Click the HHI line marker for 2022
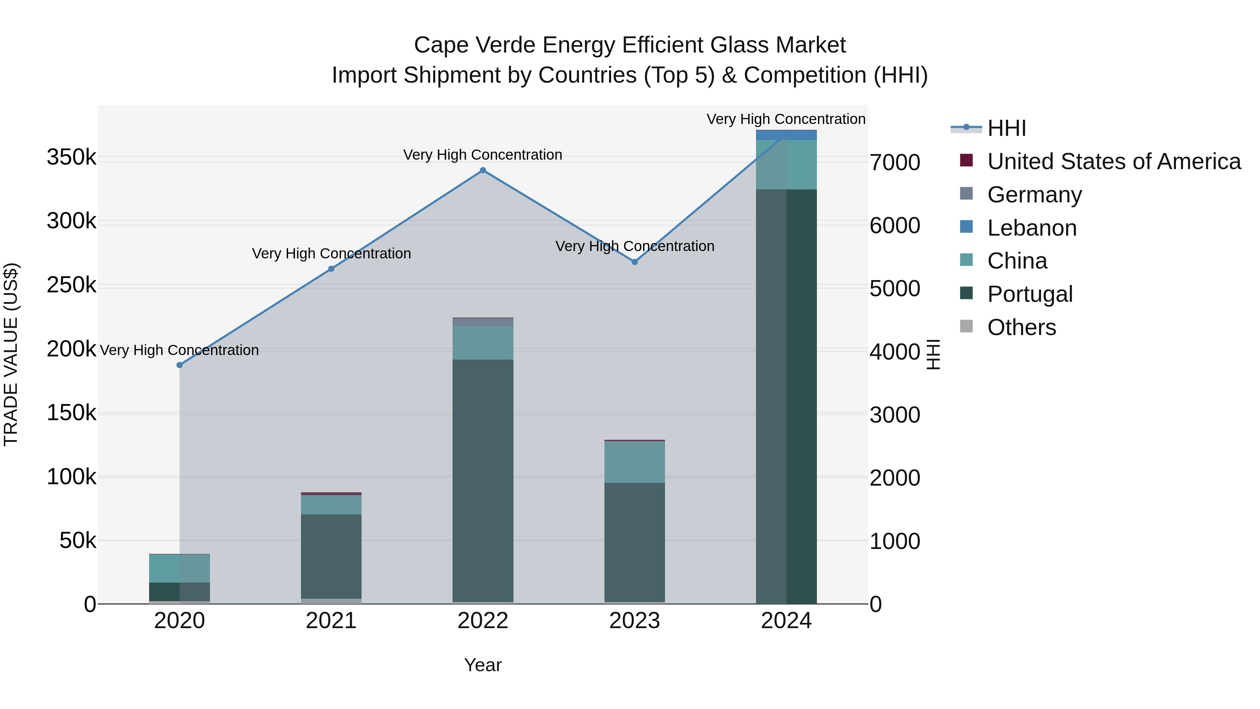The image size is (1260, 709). pyautogui.click(x=483, y=170)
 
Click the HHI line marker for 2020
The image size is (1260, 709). pyautogui.click(x=180, y=365)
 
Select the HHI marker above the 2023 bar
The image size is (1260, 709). pyautogui.click(x=635, y=262)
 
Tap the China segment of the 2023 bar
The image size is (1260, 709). pyautogui.click(x=635, y=462)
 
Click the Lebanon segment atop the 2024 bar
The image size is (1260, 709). pyautogui.click(x=786, y=135)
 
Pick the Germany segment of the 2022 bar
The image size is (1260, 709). pyautogui.click(x=483, y=322)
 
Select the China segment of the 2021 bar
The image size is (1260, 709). pyautogui.click(x=331, y=505)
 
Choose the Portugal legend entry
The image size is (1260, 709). pyautogui.click(x=1030, y=294)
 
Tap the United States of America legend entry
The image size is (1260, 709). pyautogui.click(x=1113, y=161)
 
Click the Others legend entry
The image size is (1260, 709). pyautogui.click(x=1021, y=327)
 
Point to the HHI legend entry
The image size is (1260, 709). pyautogui.click(x=1006, y=128)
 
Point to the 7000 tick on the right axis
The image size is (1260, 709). pyautogui.click(x=895, y=162)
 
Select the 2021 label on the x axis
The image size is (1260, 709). pyautogui.click(x=331, y=621)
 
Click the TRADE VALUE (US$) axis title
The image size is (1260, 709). pyautogui.click(x=11, y=354)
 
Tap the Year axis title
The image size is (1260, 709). pyautogui.click(x=483, y=665)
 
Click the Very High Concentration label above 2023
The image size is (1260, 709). pyautogui.click(x=635, y=246)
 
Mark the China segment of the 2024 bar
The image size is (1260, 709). pyautogui.click(x=786, y=165)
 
